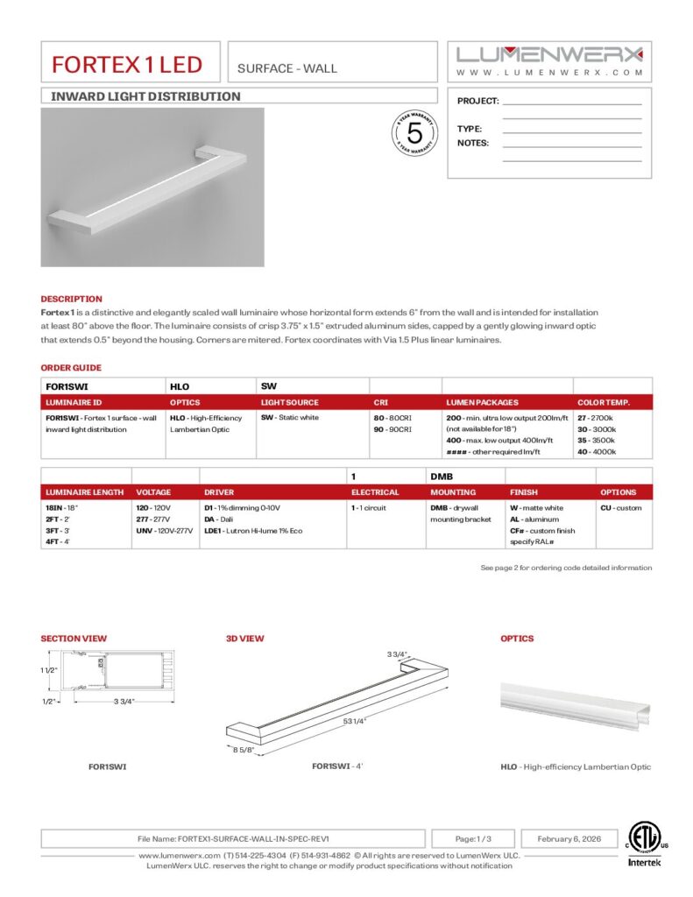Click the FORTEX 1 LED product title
pos(127,64)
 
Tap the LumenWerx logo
pos(549,53)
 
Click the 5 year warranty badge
pos(415,133)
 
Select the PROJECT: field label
pos(477,102)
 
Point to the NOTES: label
pos(473,143)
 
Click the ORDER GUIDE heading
pos(71,368)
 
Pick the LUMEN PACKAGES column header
pos(482,403)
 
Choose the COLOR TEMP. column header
pos(603,403)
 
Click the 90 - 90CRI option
pos(392,430)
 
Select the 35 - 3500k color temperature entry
pos(596,441)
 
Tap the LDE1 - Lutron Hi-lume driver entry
pos(251,531)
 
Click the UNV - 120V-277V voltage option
pos(162,531)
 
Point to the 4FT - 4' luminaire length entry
pos(58,542)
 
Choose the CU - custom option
pos(620,508)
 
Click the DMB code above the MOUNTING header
pos(440,476)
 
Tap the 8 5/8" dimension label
pos(244,751)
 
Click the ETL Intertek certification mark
pos(647,843)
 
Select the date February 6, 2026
pos(566,838)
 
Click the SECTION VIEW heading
pos(74,639)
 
